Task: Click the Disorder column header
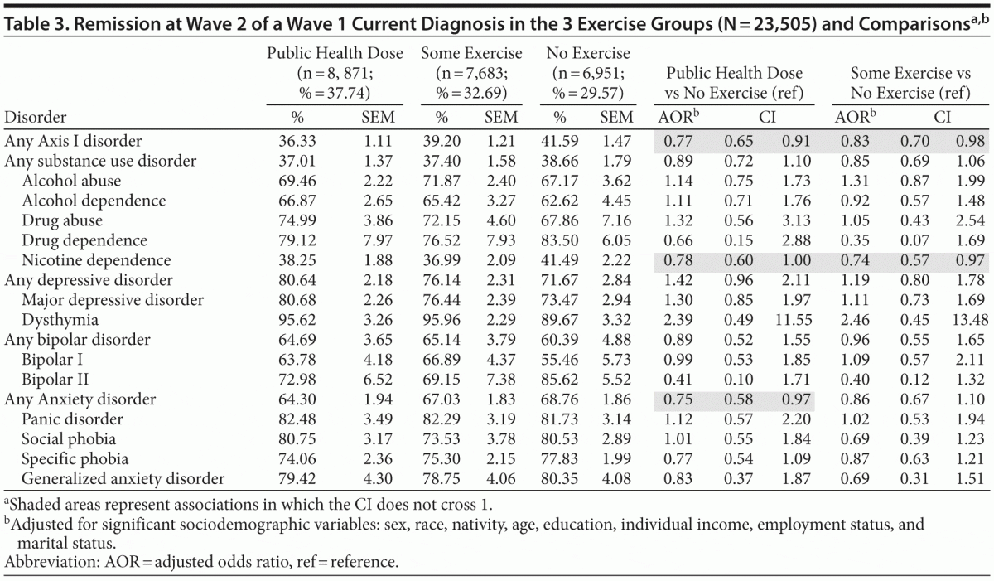pos(36,117)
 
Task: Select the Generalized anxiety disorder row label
pos(123,478)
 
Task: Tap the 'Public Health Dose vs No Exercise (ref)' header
pos(732,83)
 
